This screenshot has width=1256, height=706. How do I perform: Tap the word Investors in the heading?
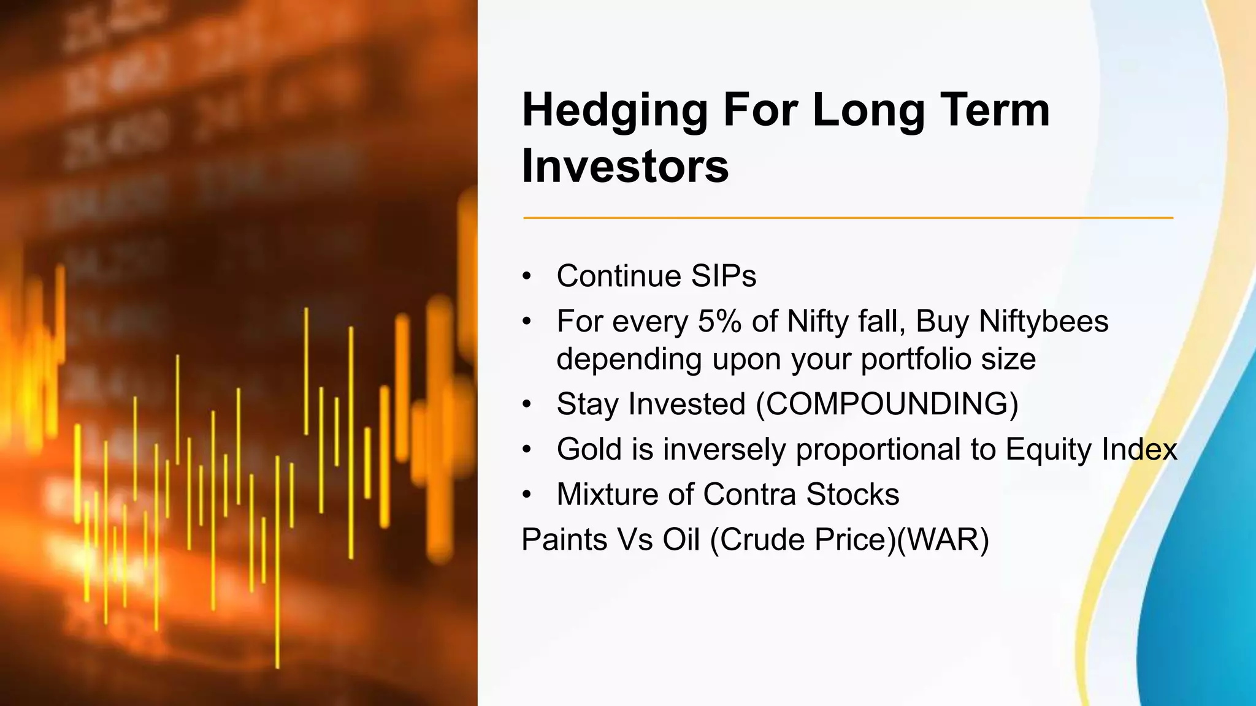click(625, 166)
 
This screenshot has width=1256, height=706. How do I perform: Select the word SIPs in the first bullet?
click(723, 276)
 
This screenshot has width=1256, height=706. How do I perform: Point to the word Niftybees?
click(1043, 321)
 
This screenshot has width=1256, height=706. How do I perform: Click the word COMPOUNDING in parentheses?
click(887, 404)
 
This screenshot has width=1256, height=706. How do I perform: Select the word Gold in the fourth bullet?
click(589, 449)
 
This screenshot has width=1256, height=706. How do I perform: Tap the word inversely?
click(724, 449)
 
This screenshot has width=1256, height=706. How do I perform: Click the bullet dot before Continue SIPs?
click(527, 276)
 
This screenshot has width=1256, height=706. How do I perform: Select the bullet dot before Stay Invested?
click(527, 404)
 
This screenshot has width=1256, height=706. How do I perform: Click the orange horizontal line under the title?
click(846, 218)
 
